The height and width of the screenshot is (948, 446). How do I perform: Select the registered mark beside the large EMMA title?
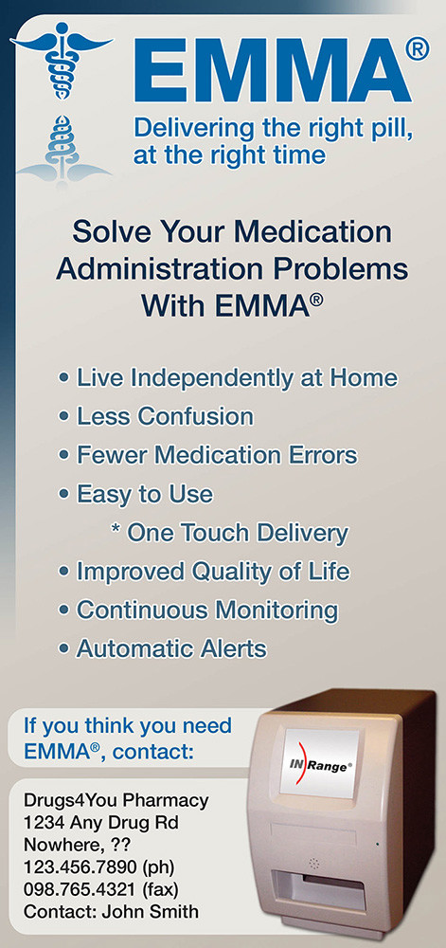click(x=418, y=48)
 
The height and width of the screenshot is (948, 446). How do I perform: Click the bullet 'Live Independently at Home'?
click(x=237, y=378)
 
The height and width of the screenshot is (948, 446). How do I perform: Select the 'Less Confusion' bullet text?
click(x=165, y=416)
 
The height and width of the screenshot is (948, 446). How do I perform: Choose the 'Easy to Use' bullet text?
click(x=145, y=494)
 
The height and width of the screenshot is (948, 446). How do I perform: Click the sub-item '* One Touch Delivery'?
click(x=230, y=533)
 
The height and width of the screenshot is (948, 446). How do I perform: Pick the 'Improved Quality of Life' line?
click(x=213, y=572)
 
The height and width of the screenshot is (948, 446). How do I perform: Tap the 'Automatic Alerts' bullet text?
click(x=171, y=649)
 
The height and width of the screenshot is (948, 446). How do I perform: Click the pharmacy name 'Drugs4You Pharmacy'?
click(x=116, y=802)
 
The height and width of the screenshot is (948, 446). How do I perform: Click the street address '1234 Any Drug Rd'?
click(x=100, y=824)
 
